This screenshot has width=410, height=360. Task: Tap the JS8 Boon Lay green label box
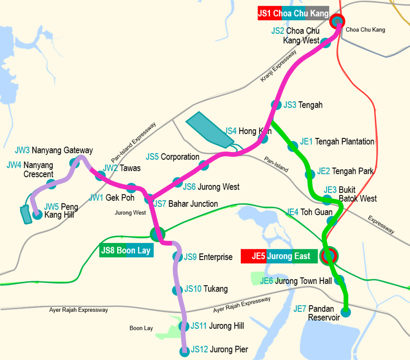click(x=126, y=250)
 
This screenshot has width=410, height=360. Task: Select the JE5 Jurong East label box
click(x=279, y=257)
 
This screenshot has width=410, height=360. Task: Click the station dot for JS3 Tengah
click(x=276, y=104)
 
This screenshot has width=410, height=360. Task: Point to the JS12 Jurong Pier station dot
click(x=183, y=351)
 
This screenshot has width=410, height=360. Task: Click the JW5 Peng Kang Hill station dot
click(x=37, y=214)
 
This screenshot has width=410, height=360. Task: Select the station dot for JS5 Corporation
click(x=204, y=165)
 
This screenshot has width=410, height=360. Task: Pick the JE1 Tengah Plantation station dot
click(x=293, y=147)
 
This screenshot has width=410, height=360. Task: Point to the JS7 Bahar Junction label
click(x=185, y=204)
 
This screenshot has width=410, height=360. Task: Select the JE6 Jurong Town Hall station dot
click(x=339, y=280)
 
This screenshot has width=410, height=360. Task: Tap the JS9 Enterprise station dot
click(x=177, y=257)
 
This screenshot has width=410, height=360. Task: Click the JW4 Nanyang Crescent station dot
click(x=51, y=183)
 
